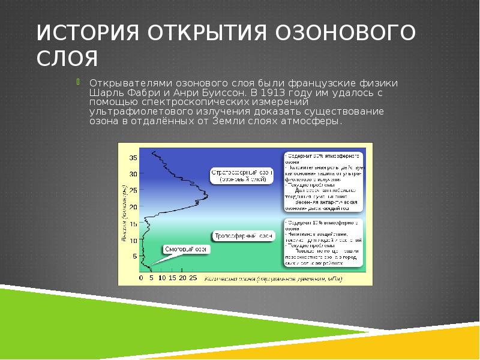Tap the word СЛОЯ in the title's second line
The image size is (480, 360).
67,59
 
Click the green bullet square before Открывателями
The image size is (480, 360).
76,82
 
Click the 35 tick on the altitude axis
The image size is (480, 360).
134,158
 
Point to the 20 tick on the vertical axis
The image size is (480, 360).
134,206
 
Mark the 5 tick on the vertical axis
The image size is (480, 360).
136,256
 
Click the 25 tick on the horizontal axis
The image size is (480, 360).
192,278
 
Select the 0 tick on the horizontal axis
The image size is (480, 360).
141,278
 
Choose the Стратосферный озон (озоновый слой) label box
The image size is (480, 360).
242,175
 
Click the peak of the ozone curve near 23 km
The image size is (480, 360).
206,196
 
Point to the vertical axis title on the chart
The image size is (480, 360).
124,213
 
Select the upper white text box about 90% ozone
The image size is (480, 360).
322,181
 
